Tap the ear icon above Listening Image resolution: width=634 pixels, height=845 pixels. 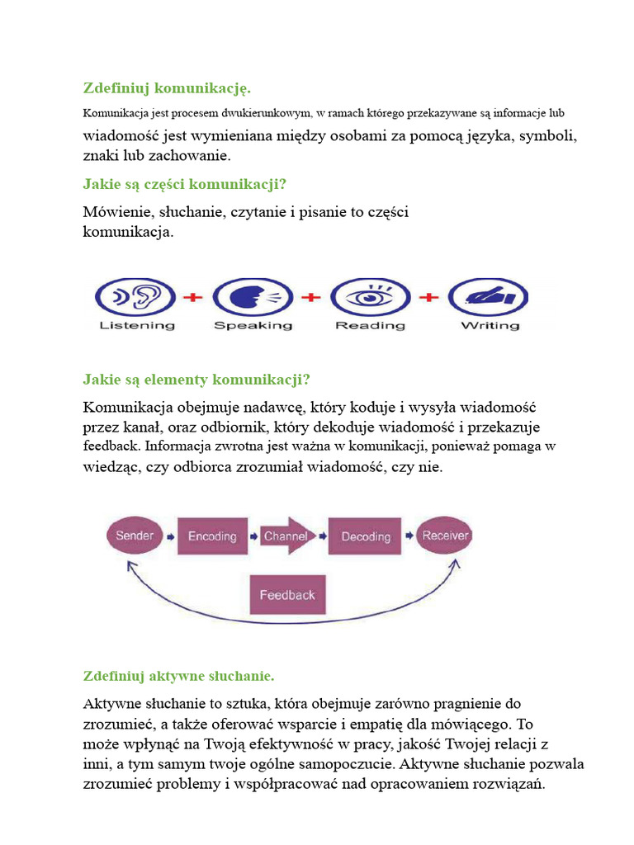coord(135,297)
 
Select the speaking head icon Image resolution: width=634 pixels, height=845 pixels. coord(253,297)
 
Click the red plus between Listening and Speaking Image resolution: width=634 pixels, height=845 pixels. coord(193,297)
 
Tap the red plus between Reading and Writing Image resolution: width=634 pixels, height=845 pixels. coord(429,297)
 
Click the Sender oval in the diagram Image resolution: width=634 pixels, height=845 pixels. coord(134,536)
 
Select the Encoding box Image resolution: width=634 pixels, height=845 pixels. coord(212,536)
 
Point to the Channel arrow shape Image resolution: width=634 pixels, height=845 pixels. coord(286,536)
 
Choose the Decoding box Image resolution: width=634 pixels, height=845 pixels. coord(366,536)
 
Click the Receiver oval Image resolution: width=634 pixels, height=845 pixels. coord(445,536)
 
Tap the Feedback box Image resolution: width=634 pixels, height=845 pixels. coord(287,595)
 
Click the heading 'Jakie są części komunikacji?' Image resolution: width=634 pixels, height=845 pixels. coord(190,182)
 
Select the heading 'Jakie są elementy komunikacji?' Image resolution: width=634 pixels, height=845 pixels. coord(196,380)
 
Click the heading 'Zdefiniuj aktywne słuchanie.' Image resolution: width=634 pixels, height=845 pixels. coord(178,676)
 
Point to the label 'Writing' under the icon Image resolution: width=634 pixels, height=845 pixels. coord(490,325)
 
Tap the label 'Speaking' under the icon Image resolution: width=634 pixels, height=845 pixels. coord(253,325)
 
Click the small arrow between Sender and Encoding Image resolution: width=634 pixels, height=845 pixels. coord(170,536)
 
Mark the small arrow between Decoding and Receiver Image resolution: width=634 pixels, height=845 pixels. coord(407,536)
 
